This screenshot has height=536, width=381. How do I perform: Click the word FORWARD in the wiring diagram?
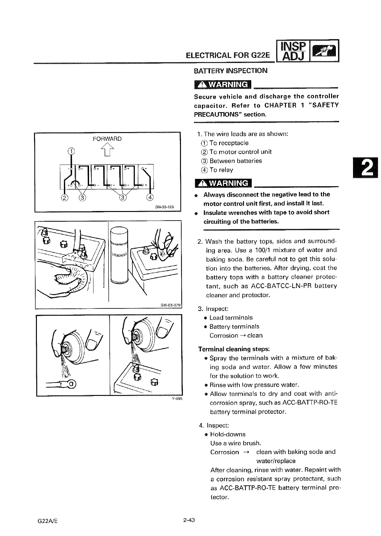point(107,139)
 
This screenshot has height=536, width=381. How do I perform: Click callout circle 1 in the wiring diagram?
point(72,151)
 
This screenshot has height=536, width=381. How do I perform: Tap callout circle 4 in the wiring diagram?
point(149,197)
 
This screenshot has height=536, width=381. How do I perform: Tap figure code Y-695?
point(177,399)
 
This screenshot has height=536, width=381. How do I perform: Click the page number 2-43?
point(189,520)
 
